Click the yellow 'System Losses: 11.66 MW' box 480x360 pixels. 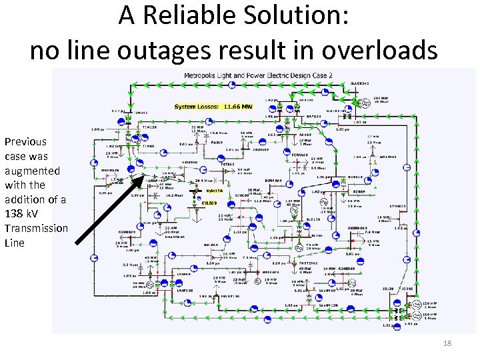213,107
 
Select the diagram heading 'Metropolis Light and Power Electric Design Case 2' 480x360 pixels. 258,75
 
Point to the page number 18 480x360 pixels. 447,343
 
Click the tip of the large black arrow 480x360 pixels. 143,176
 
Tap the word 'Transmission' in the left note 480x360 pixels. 36,229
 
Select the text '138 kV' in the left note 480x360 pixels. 19,214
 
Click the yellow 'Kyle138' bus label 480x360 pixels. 215,191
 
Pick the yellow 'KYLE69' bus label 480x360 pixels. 209,203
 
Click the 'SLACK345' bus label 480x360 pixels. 360,83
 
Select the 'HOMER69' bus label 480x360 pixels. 127,232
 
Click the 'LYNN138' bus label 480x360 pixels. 398,207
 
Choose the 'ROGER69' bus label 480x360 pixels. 347,269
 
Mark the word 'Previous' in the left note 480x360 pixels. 25,141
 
